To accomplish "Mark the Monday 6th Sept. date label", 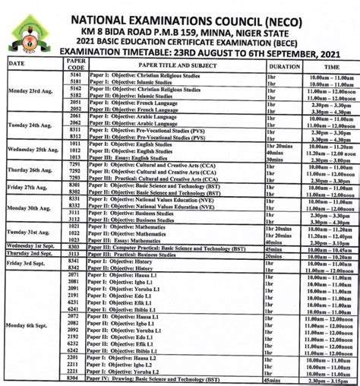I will [30, 324].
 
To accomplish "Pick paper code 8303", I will [74, 248].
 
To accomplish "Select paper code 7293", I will [74, 178].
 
